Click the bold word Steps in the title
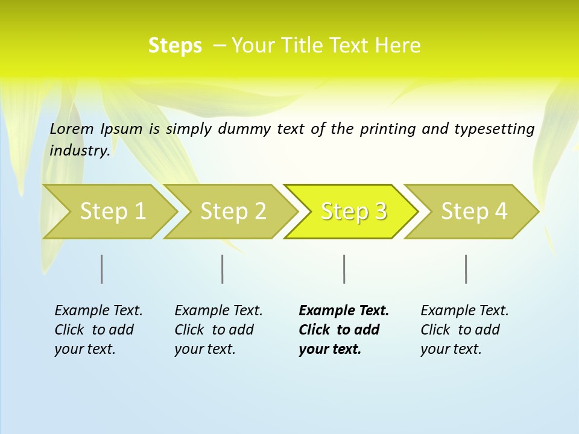tap(175, 45)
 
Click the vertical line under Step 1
tap(101, 269)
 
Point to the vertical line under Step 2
tap(222, 269)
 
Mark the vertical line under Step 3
tap(344, 269)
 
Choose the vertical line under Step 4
tap(466, 269)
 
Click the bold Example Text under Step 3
tap(344, 330)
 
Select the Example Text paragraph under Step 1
tap(98, 330)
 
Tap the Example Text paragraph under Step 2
tap(218, 330)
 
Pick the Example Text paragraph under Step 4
tap(464, 330)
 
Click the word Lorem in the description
tap(72, 128)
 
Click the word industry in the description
tap(79, 150)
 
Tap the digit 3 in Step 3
tap(380, 212)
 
